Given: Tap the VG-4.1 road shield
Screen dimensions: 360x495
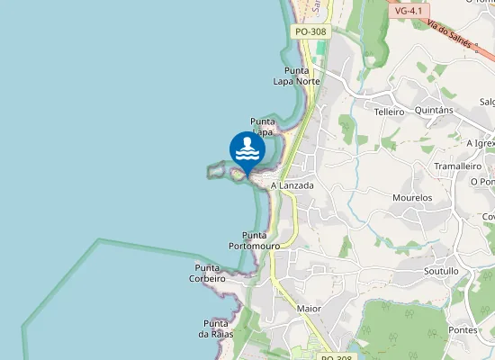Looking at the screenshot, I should [409, 11].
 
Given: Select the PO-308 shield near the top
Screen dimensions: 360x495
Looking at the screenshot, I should [310, 31].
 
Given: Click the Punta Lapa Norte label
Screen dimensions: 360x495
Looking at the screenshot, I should [296, 76].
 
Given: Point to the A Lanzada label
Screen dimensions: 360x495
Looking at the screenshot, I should [292, 185].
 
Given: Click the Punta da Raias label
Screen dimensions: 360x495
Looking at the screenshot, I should [216, 328].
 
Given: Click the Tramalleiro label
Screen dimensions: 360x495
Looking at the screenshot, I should [458, 166].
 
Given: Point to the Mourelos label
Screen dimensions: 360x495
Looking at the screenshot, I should [412, 197].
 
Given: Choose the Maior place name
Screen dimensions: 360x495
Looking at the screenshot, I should [309, 309].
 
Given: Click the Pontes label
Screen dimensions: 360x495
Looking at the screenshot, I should [463, 330].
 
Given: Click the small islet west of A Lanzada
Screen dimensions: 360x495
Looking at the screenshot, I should [216, 168].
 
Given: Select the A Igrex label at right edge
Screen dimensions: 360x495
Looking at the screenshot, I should [481, 143].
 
